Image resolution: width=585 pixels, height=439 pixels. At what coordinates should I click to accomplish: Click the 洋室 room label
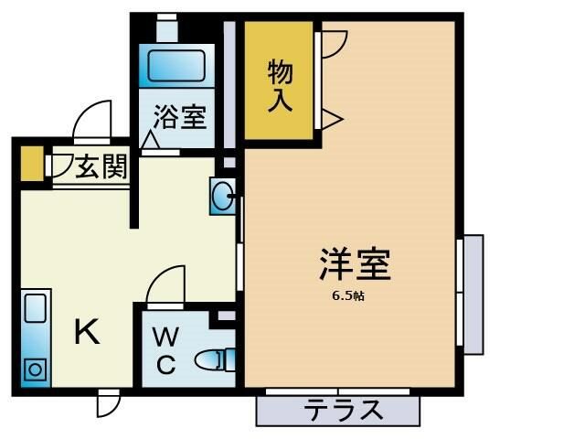pos(356,263)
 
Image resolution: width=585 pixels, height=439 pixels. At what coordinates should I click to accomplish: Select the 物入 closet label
pos(281,84)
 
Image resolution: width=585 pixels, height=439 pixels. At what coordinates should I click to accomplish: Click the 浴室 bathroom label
pos(180,117)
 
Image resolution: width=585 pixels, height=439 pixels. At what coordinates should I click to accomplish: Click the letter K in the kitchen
pos(87,332)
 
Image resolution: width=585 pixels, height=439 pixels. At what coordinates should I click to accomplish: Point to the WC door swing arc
pos(167,284)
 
